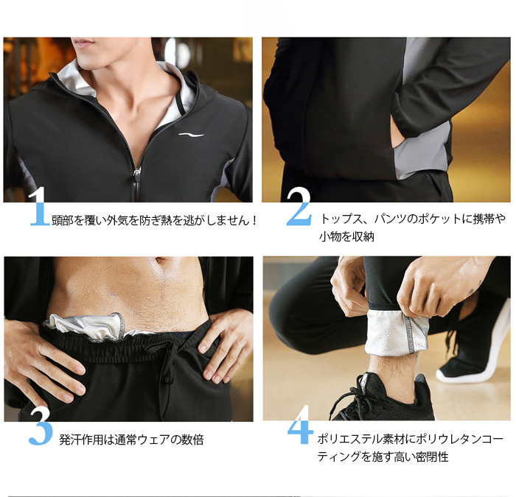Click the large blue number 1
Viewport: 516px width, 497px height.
click(x=40, y=206)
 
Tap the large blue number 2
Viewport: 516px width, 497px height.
click(x=299, y=206)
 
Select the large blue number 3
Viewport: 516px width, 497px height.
click(x=40, y=426)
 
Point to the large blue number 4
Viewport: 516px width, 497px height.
click(x=300, y=425)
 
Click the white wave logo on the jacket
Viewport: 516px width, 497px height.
click(x=191, y=135)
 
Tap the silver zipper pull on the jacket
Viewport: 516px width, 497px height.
click(x=137, y=172)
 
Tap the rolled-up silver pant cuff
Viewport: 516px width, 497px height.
click(x=397, y=333)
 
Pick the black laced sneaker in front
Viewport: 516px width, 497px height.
click(x=381, y=398)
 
